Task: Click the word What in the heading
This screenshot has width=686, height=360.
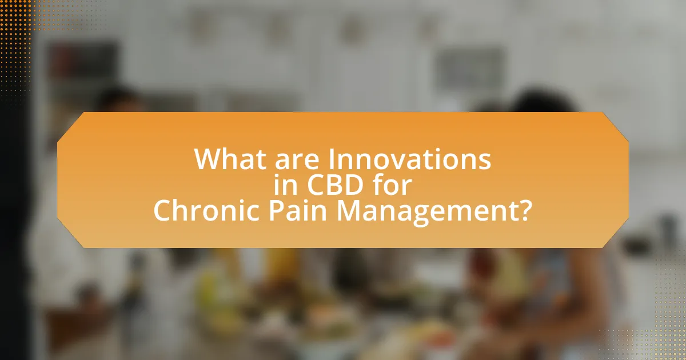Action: point(230,159)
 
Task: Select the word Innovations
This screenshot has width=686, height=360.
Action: point(410,159)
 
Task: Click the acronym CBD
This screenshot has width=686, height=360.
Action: point(335,185)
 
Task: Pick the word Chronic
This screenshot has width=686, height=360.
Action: point(206,211)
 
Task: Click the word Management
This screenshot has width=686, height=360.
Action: point(428,213)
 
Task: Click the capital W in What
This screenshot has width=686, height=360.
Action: point(209,159)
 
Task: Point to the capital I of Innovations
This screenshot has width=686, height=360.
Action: point(332,159)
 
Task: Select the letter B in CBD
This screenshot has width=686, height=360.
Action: point(335,185)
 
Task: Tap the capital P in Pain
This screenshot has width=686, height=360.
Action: point(276,211)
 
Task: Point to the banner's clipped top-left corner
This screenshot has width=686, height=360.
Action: point(70,127)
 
